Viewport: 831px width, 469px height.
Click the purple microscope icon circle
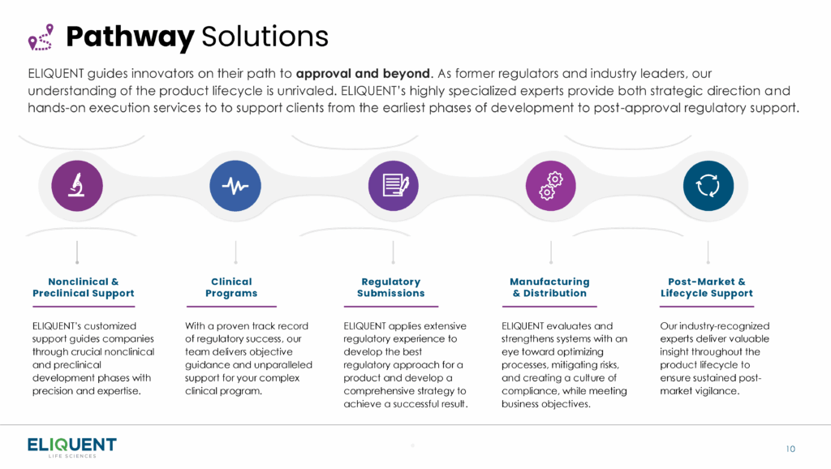(x=77, y=186)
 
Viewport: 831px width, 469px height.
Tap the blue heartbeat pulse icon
(x=235, y=186)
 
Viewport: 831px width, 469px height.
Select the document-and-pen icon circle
(x=394, y=186)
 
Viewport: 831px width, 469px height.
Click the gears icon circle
(x=551, y=186)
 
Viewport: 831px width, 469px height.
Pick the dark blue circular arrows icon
(x=708, y=186)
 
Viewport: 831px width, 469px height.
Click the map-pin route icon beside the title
(x=41, y=37)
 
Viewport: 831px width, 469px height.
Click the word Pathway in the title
(x=130, y=37)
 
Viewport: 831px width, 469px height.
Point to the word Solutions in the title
(x=265, y=37)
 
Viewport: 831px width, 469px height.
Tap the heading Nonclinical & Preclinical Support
(x=84, y=287)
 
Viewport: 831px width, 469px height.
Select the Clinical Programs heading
(x=231, y=287)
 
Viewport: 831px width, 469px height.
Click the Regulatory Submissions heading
(x=391, y=287)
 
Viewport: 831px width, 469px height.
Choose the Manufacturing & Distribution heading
(x=549, y=287)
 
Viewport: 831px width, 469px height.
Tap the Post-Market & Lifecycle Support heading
(x=707, y=287)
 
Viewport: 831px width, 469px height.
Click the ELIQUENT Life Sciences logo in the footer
(x=72, y=447)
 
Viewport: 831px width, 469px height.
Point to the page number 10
(x=790, y=449)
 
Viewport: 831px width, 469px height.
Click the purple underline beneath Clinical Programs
(x=231, y=306)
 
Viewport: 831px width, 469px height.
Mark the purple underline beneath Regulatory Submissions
(x=391, y=306)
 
